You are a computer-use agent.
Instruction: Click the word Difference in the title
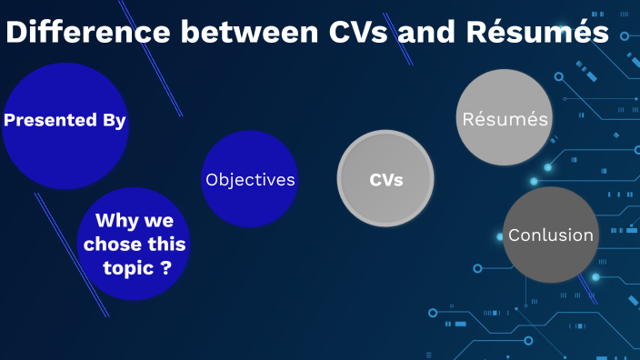pyautogui.click(x=87, y=33)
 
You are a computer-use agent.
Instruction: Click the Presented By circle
pyautogui.click(x=65, y=125)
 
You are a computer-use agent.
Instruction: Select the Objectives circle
pyautogui.click(x=250, y=179)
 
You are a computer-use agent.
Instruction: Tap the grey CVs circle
pyautogui.click(x=386, y=179)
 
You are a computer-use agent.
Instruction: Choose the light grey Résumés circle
pyautogui.click(x=505, y=118)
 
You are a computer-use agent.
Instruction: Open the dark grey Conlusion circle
pyautogui.click(x=550, y=235)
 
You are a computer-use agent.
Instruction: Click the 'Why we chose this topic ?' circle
pyautogui.click(x=135, y=244)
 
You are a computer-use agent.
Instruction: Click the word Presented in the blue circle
pyautogui.click(x=50, y=120)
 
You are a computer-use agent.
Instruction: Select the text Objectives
pyautogui.click(x=250, y=180)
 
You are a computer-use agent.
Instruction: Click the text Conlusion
pyautogui.click(x=550, y=235)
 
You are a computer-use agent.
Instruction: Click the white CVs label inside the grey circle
pyautogui.click(x=386, y=180)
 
